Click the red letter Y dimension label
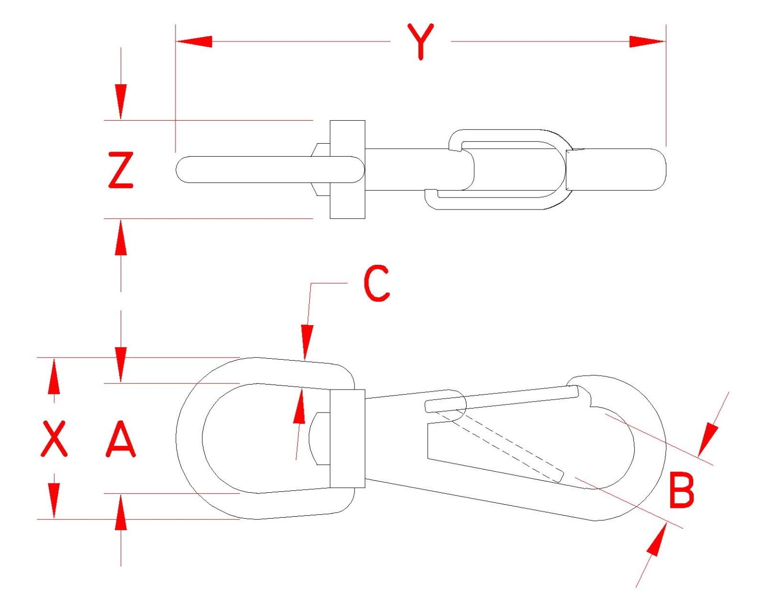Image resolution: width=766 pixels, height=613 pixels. coord(420,41)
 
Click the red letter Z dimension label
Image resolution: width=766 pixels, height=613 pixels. coord(121,170)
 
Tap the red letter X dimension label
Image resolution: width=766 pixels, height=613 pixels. coord(53,438)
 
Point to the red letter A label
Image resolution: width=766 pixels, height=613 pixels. coord(121,439)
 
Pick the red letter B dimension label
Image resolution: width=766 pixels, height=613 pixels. coord(681,491)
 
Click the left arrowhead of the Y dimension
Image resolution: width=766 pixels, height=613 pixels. coord(194,41)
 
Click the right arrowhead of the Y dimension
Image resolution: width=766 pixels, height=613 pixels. coord(647,41)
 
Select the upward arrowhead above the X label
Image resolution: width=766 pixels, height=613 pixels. coord(53,376)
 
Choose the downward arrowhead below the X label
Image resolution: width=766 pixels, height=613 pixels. coord(53,501)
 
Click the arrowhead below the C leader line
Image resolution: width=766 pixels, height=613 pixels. coord(307,342)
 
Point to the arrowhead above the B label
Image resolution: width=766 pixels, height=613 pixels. coord(708,439)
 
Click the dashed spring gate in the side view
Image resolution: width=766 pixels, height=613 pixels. coord(504,444)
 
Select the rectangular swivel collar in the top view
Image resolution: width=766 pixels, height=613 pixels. coord(347,170)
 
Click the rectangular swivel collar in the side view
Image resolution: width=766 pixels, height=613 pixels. coord(347,438)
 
